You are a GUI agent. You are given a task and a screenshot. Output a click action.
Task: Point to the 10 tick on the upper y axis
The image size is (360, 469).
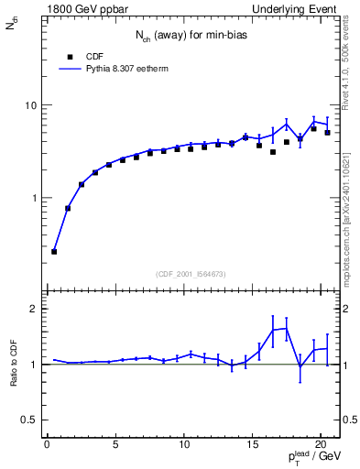pos(33,105)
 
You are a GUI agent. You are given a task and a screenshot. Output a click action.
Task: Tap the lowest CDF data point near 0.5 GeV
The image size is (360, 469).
pos(54,251)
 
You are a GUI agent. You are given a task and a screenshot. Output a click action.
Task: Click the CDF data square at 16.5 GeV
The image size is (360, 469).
pos(273,152)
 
